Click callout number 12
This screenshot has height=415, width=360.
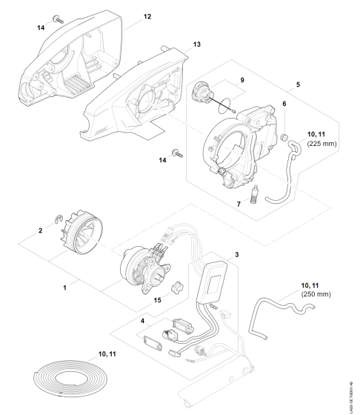(147, 16)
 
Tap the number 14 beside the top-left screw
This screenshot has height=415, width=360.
(41, 27)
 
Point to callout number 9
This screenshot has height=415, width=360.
(241, 79)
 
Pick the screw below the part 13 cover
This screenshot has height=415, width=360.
(176, 153)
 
